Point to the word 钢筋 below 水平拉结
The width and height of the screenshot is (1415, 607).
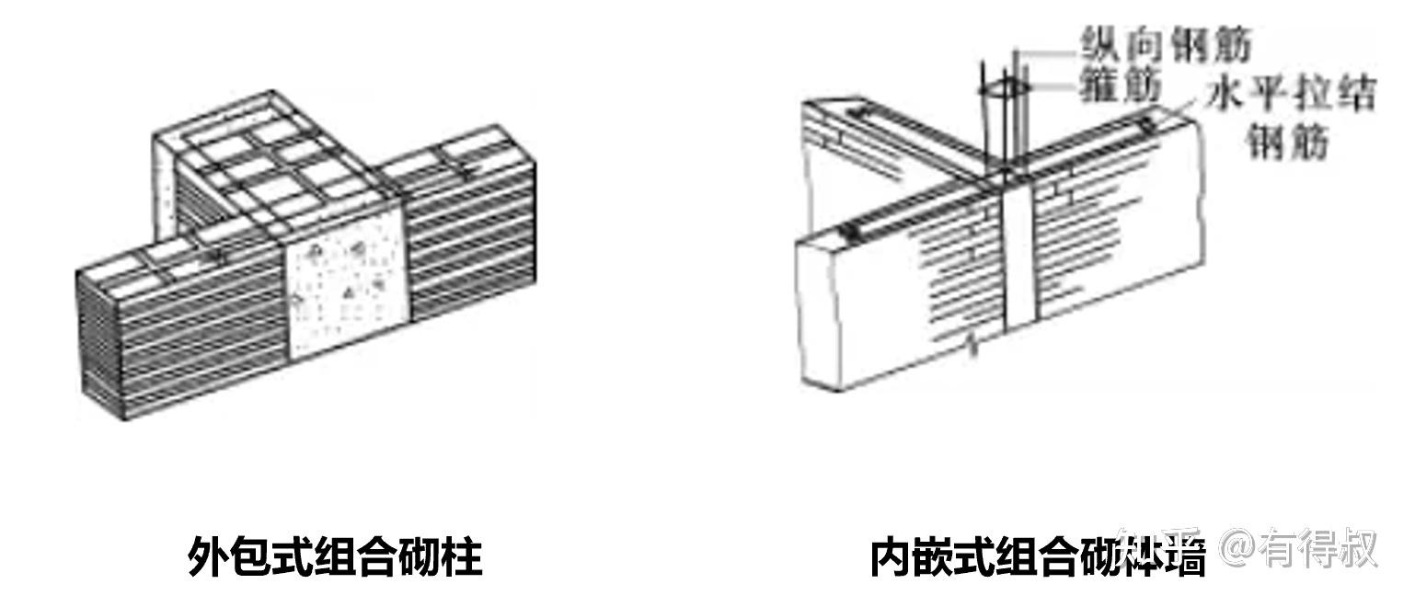coord(1289,142)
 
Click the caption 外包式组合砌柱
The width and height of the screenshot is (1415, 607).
coord(335,557)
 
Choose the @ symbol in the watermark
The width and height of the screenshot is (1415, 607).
coord(1239,549)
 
